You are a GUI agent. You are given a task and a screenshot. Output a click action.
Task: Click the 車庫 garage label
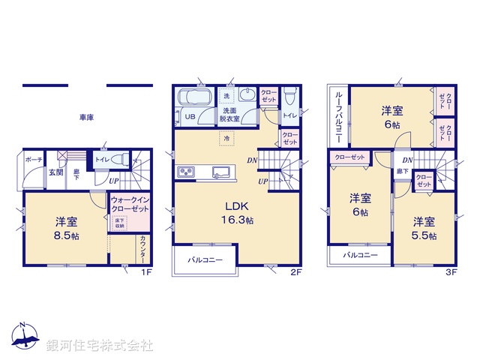point(85,118)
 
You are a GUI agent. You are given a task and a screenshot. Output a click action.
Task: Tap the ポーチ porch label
point(33,160)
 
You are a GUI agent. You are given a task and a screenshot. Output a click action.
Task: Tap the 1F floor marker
point(147,272)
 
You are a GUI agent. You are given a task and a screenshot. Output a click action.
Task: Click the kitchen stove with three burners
point(186,172)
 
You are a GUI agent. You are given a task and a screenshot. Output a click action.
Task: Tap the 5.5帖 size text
point(424,235)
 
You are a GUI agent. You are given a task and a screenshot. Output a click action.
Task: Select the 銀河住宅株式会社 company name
point(100,346)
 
